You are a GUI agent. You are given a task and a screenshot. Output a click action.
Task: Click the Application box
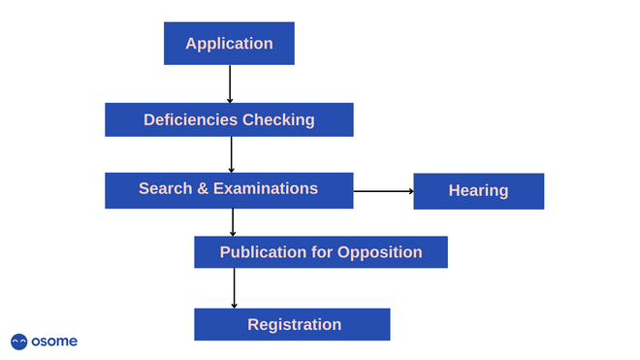pos(229,44)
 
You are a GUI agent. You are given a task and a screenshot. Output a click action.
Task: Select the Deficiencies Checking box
pos(229,119)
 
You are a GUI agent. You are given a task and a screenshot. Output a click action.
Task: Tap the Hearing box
pos(478,191)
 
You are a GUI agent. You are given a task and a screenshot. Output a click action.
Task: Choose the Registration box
pos(292,324)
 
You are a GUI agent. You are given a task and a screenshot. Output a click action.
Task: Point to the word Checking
pos(278,120)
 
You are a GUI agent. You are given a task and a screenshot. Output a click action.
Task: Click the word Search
pos(165,188)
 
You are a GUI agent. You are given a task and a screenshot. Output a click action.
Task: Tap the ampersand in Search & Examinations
pos(204,188)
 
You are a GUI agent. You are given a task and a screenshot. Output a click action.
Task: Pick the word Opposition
pos(379,252)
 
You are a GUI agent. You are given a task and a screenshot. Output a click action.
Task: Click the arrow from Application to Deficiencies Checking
pos(230,83)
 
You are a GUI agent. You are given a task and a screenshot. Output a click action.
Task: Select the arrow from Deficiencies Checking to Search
pos(231,154)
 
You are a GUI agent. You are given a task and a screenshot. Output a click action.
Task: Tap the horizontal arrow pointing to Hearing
pos(383,191)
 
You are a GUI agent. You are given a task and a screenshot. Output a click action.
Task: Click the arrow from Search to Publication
pos(233,222)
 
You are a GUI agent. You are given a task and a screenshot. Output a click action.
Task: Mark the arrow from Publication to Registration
pos(234,288)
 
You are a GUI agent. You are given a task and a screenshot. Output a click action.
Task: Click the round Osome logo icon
pos(19,342)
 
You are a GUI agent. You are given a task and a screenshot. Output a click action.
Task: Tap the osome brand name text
pos(54,342)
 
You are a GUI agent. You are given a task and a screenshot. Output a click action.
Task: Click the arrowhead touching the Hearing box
pos(410,191)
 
